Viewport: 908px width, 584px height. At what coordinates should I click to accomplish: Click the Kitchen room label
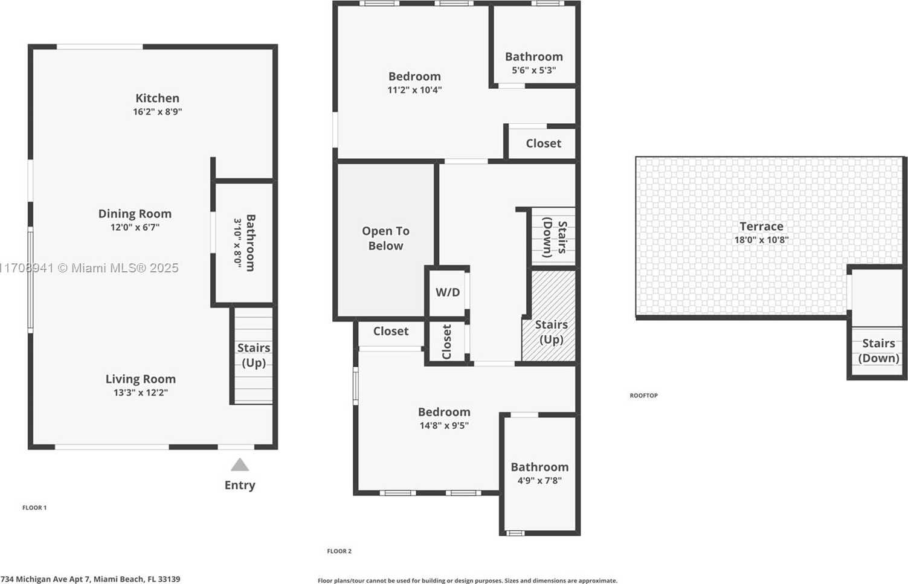coord(157,98)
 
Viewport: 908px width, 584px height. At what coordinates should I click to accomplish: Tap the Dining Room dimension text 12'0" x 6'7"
coord(135,228)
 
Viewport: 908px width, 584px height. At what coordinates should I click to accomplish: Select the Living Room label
coord(140,379)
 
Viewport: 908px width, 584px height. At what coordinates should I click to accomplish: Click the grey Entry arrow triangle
coord(240,464)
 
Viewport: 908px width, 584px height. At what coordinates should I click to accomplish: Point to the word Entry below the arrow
coord(240,485)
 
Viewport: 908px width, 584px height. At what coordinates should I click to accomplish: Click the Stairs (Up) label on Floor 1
coord(254,355)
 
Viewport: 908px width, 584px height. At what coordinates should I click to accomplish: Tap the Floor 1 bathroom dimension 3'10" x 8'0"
coord(237,243)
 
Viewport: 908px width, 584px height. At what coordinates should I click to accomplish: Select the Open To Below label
coord(385,238)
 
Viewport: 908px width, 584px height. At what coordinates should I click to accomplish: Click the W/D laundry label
coord(448,292)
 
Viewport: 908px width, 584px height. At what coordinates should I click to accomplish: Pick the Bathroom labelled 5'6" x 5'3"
coord(534,57)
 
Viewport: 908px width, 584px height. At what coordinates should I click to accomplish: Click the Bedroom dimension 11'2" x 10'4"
coord(414,90)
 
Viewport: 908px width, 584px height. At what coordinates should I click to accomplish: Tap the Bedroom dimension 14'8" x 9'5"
coord(444,425)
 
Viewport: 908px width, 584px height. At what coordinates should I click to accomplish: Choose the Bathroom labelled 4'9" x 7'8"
coord(539,467)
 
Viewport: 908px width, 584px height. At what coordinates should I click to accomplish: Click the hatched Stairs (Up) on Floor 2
coord(551,332)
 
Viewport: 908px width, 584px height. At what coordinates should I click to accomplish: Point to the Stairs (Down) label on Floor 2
coord(555,237)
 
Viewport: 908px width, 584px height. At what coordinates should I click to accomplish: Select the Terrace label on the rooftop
coord(761,226)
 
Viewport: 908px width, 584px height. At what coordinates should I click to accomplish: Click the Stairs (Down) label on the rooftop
coord(878,350)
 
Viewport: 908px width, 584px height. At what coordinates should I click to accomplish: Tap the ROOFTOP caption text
coord(643,396)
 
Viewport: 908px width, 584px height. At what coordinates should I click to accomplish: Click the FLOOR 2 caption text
coord(339,551)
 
